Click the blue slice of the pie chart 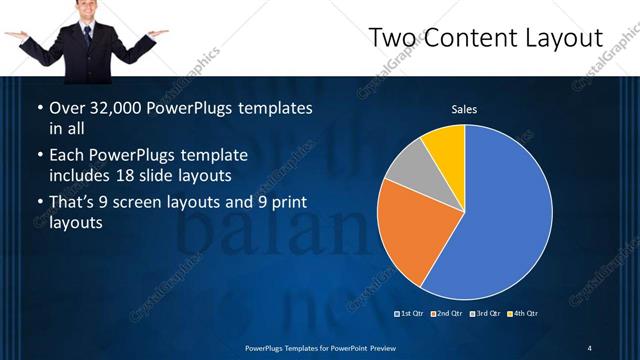click(x=500, y=215)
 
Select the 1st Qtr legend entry click(x=411, y=314)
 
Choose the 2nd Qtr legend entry click(x=448, y=314)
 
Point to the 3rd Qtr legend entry click(x=485, y=314)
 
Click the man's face click(x=87, y=11)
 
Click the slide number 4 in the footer click(x=590, y=347)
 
